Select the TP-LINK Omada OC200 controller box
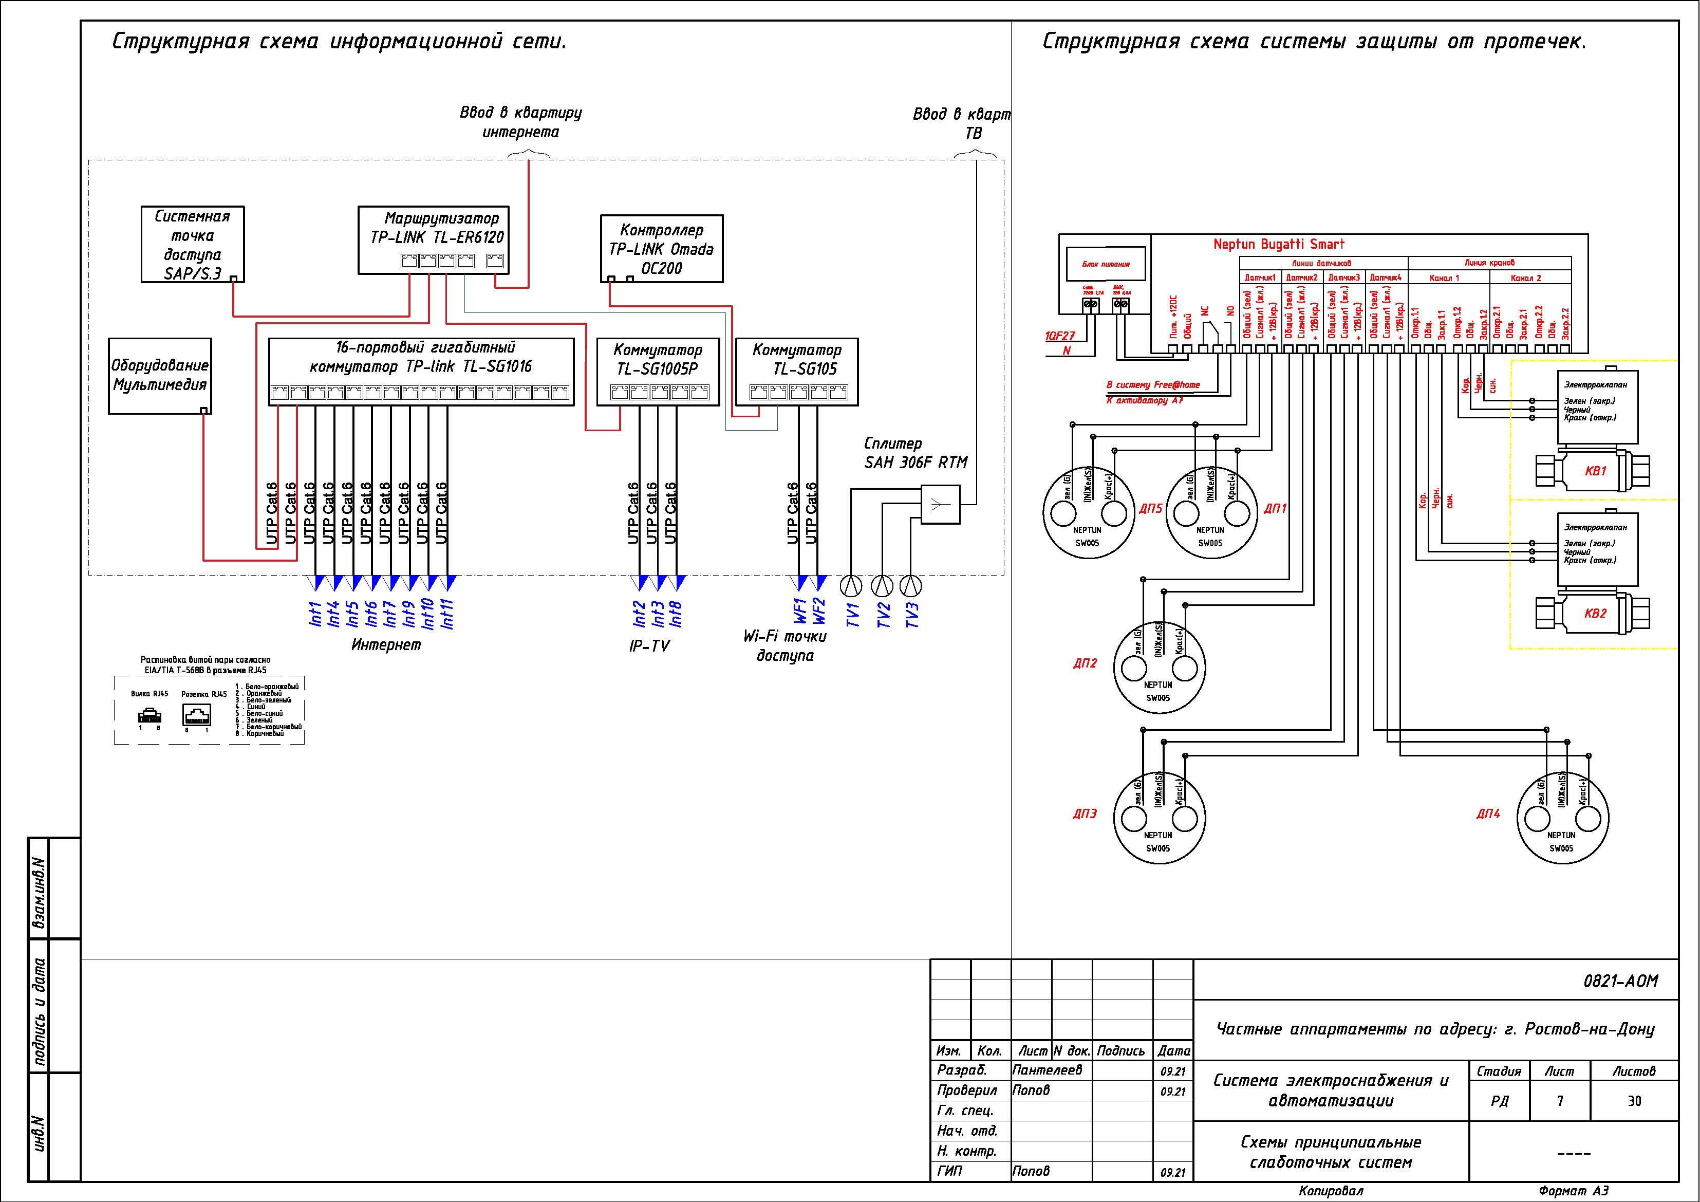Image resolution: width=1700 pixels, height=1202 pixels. coord(661,249)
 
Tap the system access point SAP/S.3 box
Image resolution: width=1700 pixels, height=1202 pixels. coord(193,245)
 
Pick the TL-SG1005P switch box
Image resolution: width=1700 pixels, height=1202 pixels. coord(658,371)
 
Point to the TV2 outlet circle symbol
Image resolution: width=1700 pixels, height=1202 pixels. coord(881,586)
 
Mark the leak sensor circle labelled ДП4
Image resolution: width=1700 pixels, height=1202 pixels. coord(1562,818)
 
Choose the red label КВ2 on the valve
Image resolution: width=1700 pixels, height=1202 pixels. coord(1596,613)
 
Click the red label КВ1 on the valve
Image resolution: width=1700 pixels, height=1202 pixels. coord(1596,471)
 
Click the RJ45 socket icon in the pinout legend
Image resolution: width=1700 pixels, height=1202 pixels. coord(196,714)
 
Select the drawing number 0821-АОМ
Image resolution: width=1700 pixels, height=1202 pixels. coord(1620,982)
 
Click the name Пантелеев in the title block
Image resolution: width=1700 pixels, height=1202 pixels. coord(1047,1070)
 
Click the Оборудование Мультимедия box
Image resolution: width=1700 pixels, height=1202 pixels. coord(160,376)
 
